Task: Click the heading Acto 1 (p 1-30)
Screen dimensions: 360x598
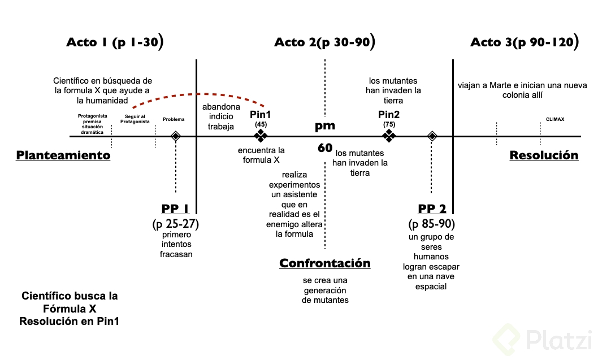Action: [115, 42]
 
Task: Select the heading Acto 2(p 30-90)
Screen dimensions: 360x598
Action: [324, 42]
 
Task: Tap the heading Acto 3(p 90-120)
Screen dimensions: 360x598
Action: [524, 42]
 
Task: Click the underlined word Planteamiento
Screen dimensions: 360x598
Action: [63, 155]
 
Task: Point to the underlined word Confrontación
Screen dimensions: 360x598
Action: [325, 263]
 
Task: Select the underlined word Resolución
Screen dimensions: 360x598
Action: [544, 155]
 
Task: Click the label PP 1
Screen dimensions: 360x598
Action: [175, 209]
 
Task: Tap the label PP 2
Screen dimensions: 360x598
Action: [432, 209]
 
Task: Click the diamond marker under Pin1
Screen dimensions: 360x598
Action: [261, 136]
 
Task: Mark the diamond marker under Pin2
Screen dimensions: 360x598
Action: [389, 136]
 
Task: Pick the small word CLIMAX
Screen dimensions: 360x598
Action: [555, 120]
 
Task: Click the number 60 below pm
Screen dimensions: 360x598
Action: [325, 148]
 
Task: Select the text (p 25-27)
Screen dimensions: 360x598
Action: [175, 224]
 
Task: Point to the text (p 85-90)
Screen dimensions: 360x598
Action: [432, 224]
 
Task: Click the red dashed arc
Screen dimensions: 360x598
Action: [198, 94]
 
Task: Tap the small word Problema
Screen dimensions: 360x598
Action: [174, 120]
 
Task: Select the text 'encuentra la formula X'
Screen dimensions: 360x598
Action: [261, 155]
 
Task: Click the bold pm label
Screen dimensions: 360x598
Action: [325, 126]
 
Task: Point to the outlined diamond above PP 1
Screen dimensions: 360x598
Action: [176, 136]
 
